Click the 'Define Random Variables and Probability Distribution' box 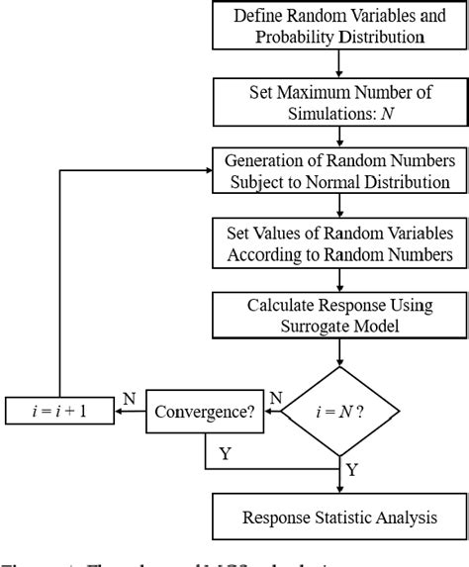point(339,27)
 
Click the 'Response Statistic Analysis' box point(339,518)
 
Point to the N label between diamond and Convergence point(278,397)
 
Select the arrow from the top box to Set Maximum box point(339,65)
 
